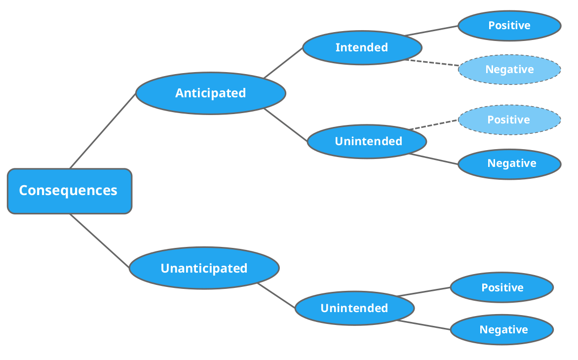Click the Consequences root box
coord(70,191)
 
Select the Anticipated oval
coord(211,93)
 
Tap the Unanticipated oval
coord(204,268)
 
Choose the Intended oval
coord(362,47)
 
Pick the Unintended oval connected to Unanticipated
coord(354,308)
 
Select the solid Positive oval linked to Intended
coord(509,26)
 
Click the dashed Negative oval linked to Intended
coord(509,70)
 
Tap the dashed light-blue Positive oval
coord(509,120)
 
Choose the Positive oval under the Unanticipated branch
coord(502,287)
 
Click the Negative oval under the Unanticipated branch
coord(502,329)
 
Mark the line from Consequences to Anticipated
coord(103,130)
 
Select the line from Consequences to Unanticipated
coord(100,240)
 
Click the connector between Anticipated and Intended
coord(283,63)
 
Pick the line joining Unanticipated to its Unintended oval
coord(276,295)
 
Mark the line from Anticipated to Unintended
coord(286,125)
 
